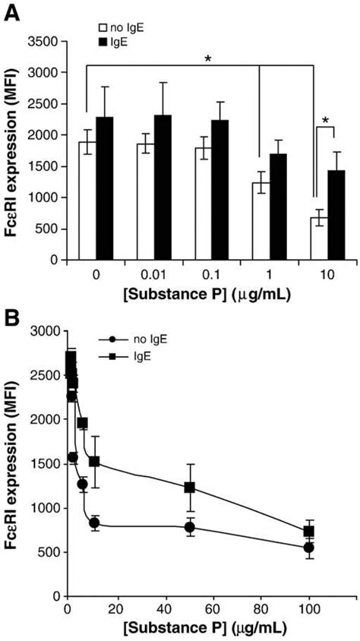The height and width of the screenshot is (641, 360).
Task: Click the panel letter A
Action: click(x=13, y=13)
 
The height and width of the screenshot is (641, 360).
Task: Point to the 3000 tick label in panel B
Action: click(x=46, y=332)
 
